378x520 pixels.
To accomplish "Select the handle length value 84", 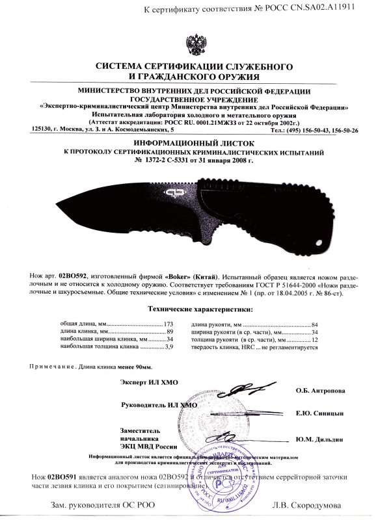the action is (314, 323).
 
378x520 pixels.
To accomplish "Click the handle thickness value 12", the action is (314, 339).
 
